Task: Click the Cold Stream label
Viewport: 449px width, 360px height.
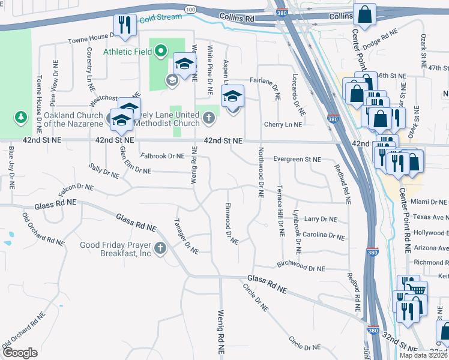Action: (160, 17)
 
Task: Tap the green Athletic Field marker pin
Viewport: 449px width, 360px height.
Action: (160, 52)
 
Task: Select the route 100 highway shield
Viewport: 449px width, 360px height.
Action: (191, 10)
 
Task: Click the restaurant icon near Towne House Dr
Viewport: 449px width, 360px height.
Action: (124, 25)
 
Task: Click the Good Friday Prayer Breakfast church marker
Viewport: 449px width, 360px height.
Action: (160, 248)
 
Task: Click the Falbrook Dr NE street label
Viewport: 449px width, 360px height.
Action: (162, 156)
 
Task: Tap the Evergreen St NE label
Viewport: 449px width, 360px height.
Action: (297, 160)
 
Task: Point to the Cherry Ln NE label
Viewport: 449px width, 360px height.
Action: (283, 124)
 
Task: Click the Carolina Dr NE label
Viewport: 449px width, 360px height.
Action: (324, 235)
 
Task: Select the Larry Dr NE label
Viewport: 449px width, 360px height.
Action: (321, 220)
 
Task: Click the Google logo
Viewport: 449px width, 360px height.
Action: (20, 353)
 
